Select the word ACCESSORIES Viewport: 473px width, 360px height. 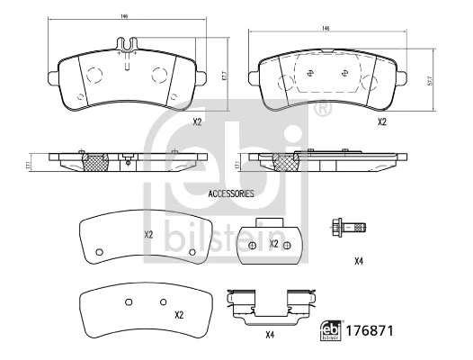[231, 193]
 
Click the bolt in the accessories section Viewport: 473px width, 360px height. [350, 227]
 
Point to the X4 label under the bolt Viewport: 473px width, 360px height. [358, 261]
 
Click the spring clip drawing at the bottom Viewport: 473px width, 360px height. [270, 306]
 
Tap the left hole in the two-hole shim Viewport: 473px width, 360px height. [128, 301]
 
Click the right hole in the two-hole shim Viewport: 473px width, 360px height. [163, 301]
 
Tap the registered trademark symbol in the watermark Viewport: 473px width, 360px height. [322, 110]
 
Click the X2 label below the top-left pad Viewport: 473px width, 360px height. [196, 121]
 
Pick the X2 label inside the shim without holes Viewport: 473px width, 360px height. [149, 235]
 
